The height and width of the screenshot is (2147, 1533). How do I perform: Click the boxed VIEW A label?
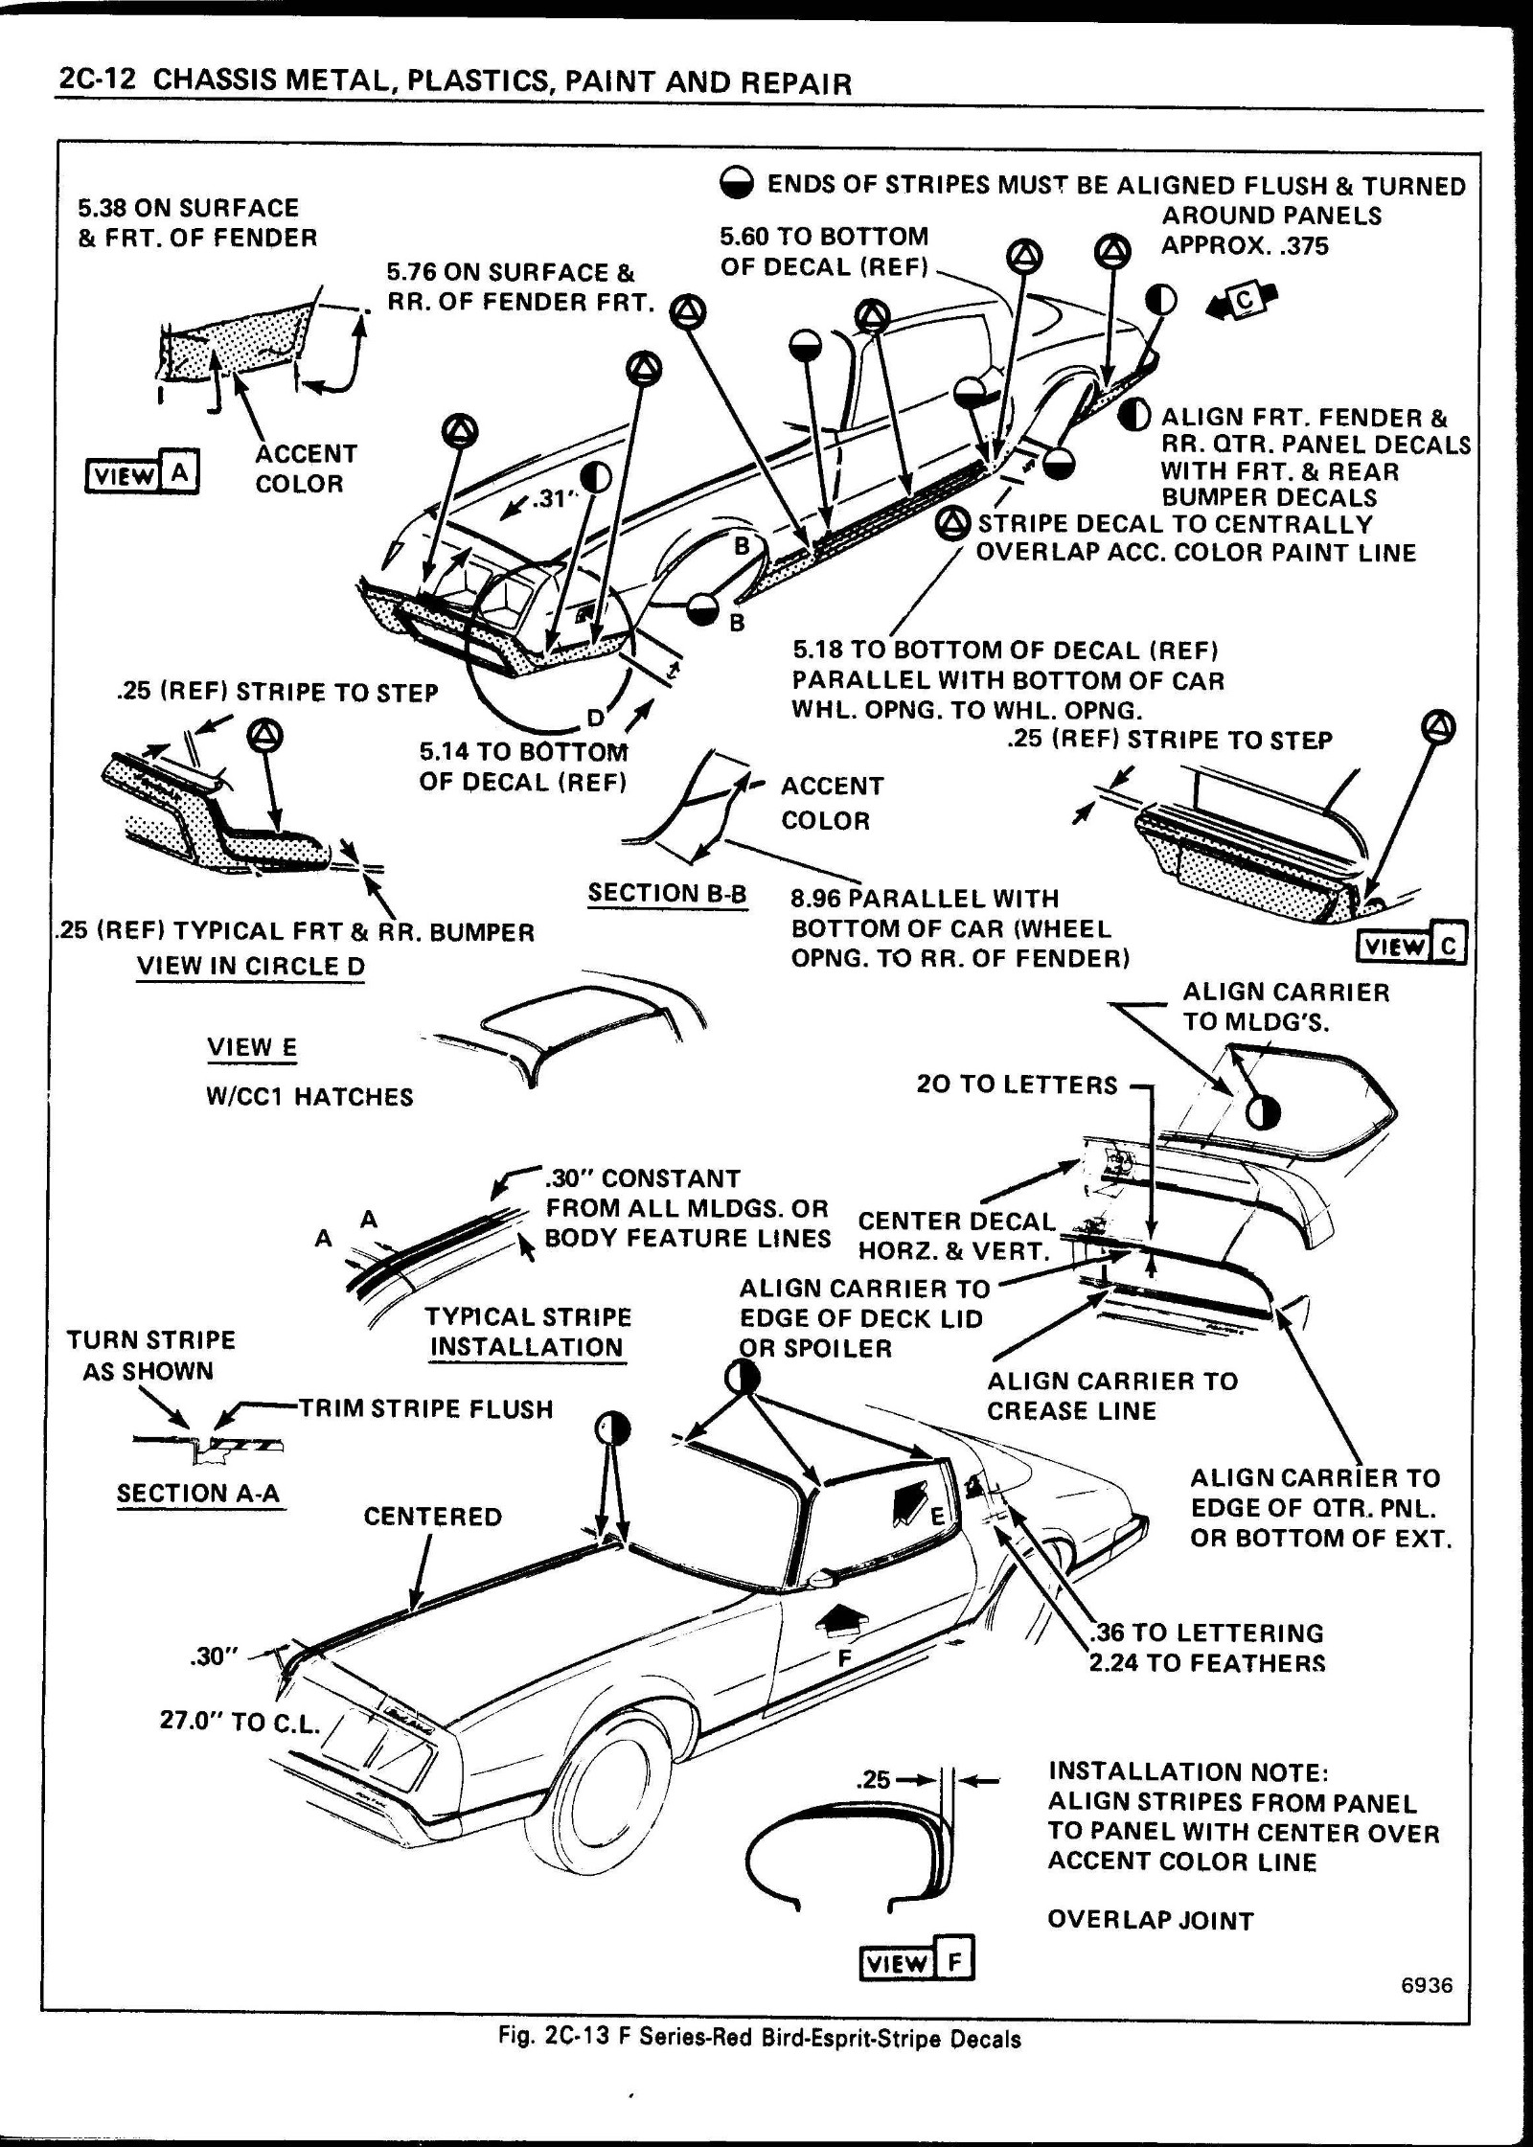(x=142, y=474)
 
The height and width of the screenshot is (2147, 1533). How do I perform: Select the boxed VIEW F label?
(x=917, y=1963)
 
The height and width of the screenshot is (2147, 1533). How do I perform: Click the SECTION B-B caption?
(x=667, y=893)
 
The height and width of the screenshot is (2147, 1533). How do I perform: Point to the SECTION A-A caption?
(x=198, y=1494)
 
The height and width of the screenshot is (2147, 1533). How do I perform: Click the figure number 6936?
(x=1427, y=1986)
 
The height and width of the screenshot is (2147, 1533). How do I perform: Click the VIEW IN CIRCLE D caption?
(x=251, y=966)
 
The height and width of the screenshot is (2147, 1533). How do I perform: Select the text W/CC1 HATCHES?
(x=309, y=1097)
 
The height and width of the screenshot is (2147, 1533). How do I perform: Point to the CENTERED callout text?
(x=433, y=1517)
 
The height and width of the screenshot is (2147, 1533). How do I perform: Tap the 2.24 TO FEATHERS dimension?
(x=1207, y=1662)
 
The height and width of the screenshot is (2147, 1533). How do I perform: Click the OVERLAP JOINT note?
(x=1150, y=1920)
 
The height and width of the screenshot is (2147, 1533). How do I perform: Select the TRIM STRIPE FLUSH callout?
(x=426, y=1408)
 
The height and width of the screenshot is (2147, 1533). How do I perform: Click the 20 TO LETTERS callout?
(x=1017, y=1085)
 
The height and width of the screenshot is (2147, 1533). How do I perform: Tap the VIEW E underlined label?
(x=252, y=1047)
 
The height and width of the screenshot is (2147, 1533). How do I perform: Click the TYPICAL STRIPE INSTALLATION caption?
(x=528, y=1332)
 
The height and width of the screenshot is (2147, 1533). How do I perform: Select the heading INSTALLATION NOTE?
(x=1188, y=1771)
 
